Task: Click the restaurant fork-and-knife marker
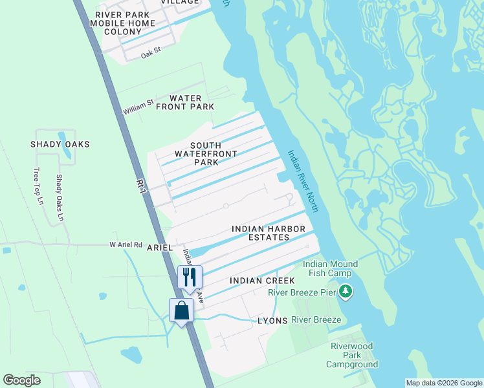[190, 277]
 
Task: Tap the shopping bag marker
[181, 310]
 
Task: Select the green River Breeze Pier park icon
[346, 292]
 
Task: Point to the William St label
[138, 107]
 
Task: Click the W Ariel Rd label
[126, 244]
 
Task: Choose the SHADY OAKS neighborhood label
[60, 144]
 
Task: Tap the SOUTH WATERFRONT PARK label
[206, 153]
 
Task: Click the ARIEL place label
[160, 247]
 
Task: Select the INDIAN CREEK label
[262, 281]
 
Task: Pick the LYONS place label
[272, 321]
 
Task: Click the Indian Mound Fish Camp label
[331, 268]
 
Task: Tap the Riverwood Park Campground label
[352, 356]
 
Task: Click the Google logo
[21, 380]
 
